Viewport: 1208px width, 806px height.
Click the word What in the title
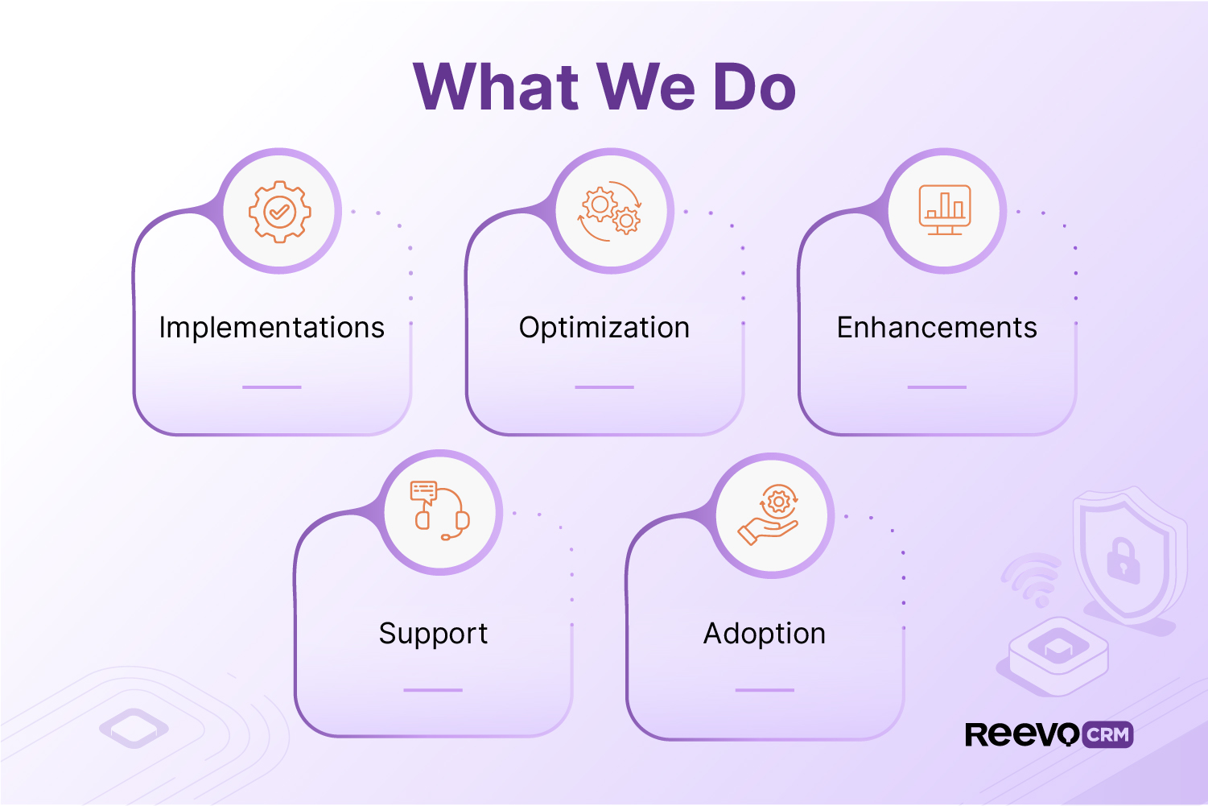[x=496, y=86]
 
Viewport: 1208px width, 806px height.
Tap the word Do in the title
[x=754, y=86]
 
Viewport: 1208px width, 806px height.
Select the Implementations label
[x=272, y=328]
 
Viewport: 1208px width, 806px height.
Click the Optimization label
[x=604, y=328]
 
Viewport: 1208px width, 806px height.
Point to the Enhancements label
[x=937, y=328]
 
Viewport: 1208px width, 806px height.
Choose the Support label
[x=433, y=634]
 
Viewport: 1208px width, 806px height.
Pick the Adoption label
[x=765, y=634]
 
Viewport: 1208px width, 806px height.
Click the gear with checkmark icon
[x=279, y=212]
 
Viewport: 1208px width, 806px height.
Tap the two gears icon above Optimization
[x=611, y=212]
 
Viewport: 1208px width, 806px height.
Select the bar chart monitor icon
[x=945, y=210]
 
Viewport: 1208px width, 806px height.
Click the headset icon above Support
[x=439, y=511]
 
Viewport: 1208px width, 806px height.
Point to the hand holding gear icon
[x=770, y=515]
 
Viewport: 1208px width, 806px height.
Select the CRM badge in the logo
[x=1108, y=734]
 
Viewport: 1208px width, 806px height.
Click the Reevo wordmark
[x=1022, y=734]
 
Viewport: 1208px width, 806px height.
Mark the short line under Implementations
[x=272, y=387]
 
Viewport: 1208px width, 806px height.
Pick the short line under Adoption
[x=765, y=690]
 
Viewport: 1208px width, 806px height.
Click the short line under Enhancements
[x=937, y=387]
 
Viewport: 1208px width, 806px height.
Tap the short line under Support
[x=433, y=690]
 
